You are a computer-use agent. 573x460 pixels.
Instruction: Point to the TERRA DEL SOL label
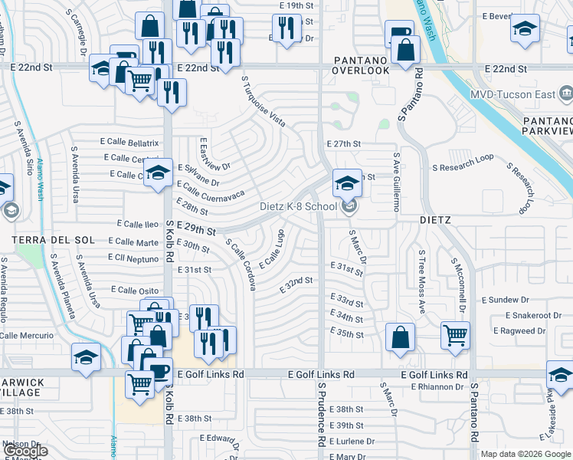[x=42, y=240]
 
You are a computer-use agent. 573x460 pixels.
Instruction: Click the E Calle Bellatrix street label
[x=129, y=142]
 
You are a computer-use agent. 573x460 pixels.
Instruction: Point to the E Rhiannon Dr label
[x=437, y=386]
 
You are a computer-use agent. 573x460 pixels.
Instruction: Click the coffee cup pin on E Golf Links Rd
[x=159, y=371]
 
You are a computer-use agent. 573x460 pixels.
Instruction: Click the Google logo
[x=25, y=451]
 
